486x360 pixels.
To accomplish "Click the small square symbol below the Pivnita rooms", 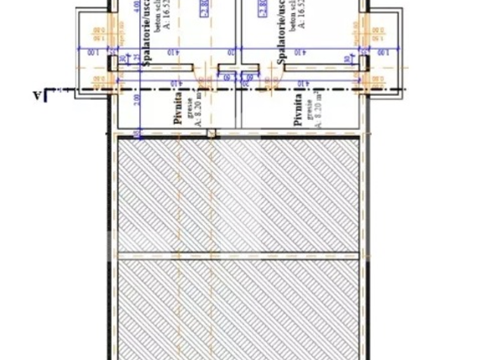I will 211,133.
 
